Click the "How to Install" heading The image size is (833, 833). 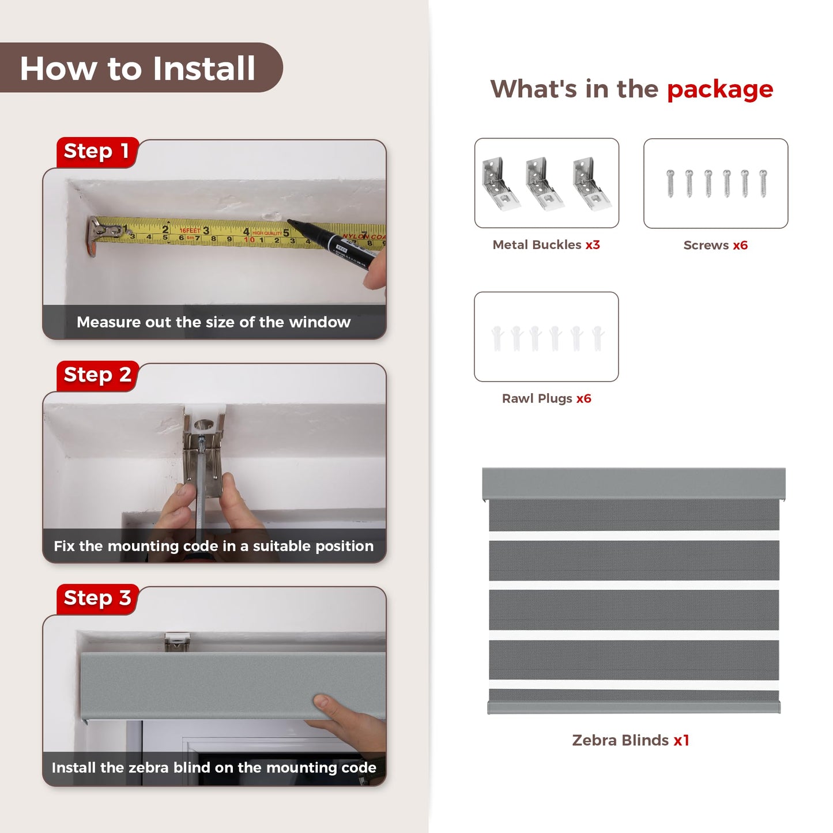(x=137, y=68)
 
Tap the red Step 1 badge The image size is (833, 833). (x=97, y=152)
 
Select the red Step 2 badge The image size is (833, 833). (x=97, y=375)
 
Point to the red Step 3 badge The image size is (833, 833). (x=97, y=599)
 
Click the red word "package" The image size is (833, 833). (x=720, y=90)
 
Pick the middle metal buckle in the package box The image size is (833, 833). (x=544, y=184)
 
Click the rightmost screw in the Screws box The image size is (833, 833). (x=763, y=183)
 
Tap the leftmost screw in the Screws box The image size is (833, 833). (x=670, y=183)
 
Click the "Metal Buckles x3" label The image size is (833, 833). (x=546, y=244)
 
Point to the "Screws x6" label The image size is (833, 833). (x=715, y=245)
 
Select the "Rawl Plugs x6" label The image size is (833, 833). (x=546, y=398)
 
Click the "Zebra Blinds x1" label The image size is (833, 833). (x=630, y=740)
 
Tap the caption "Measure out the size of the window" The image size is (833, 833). (x=213, y=322)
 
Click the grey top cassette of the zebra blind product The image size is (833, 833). (x=634, y=484)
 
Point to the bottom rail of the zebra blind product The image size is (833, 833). (x=634, y=707)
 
